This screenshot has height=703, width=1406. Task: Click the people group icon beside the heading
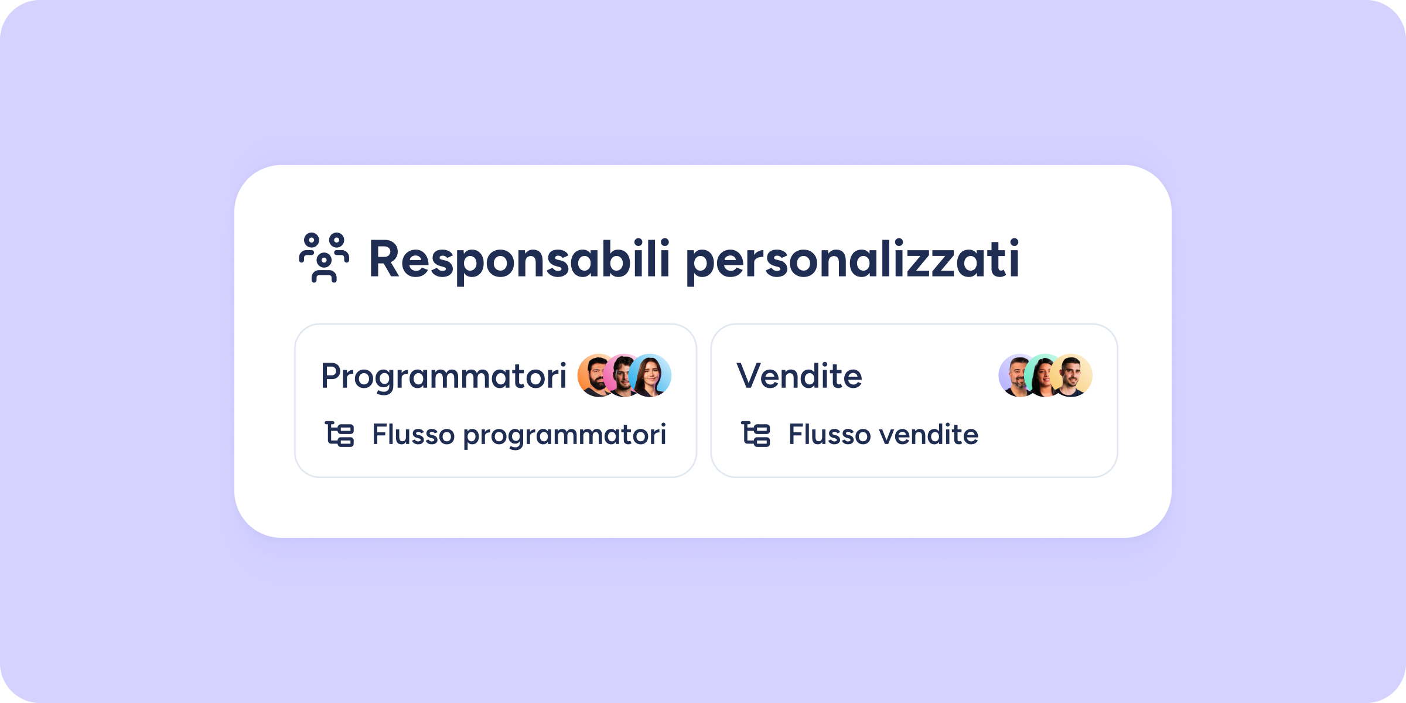click(x=324, y=258)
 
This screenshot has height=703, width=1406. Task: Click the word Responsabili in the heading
click(x=519, y=258)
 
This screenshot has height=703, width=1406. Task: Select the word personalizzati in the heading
click(x=853, y=261)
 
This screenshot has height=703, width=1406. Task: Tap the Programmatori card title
click(x=443, y=376)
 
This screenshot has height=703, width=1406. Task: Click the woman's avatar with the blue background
click(x=650, y=376)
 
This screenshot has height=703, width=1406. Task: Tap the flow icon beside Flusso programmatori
click(x=340, y=434)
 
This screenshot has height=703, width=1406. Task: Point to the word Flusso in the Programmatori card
click(x=414, y=435)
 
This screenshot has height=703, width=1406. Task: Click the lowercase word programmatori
click(x=565, y=436)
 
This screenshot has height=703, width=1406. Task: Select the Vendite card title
click(x=799, y=376)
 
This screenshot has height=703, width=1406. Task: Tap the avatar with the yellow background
click(x=1071, y=376)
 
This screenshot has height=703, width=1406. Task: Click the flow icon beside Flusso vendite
click(x=756, y=434)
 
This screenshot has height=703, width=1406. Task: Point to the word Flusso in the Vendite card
click(x=830, y=435)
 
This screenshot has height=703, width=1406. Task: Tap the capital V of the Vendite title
click(x=751, y=376)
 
